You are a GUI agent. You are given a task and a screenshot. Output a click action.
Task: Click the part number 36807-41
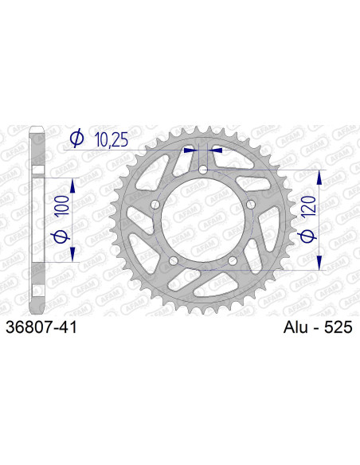pos(41,328)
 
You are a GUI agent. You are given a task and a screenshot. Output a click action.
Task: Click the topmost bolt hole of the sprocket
pos(202,170)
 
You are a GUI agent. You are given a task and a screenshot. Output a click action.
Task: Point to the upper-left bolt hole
pos(155,205)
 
